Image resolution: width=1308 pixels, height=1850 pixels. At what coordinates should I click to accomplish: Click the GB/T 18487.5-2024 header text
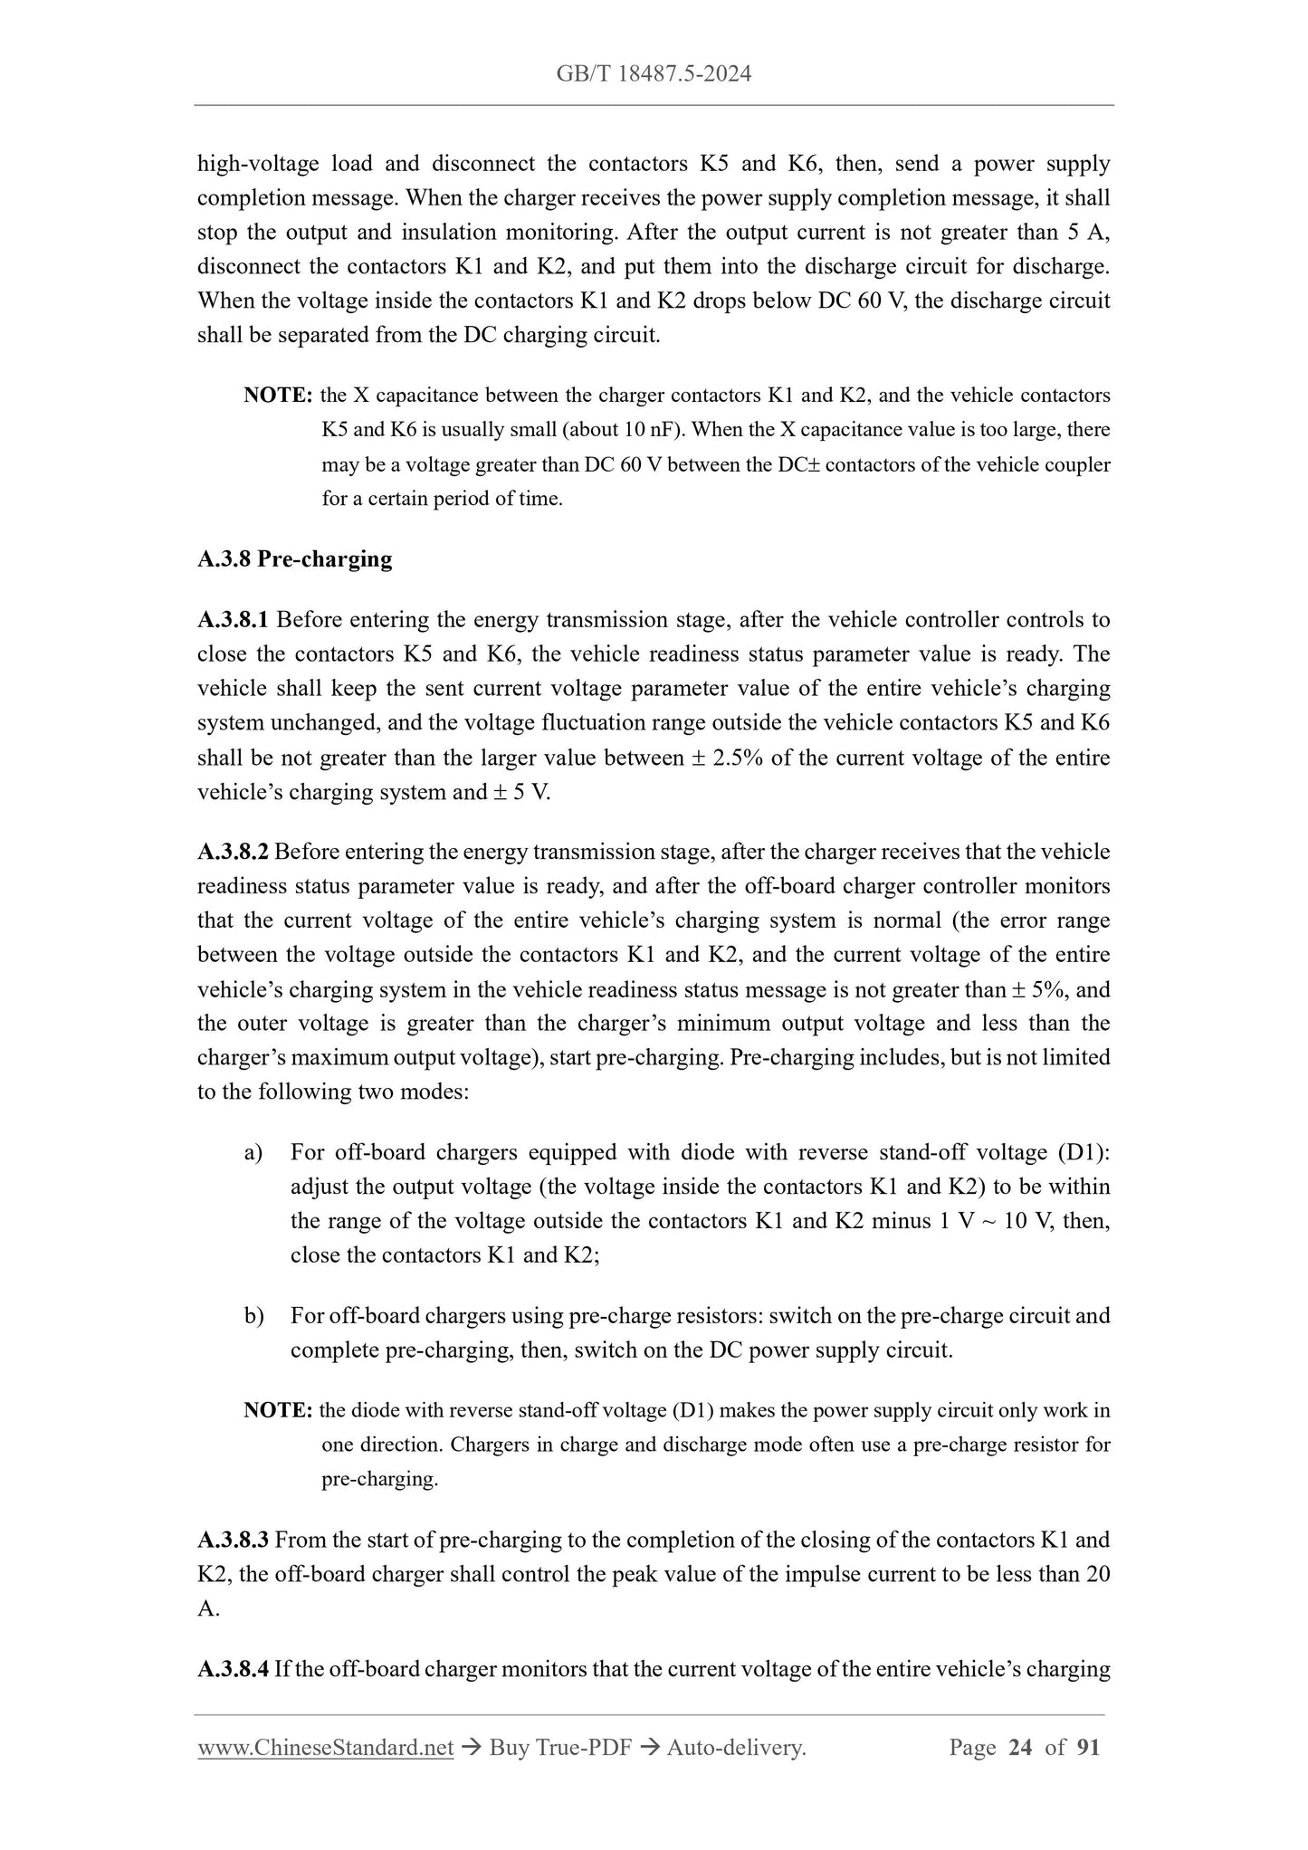point(654,74)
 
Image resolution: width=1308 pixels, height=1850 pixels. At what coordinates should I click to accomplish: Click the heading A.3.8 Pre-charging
point(294,559)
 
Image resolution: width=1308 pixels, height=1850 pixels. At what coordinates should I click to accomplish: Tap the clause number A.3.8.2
point(233,852)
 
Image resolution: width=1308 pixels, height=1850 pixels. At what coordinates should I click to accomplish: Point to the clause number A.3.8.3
point(233,1540)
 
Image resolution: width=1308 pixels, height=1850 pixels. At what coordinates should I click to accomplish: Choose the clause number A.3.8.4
point(233,1668)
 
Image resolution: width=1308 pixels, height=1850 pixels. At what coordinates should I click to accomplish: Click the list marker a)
point(253,1152)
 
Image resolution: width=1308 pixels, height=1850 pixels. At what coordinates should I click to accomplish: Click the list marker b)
point(253,1315)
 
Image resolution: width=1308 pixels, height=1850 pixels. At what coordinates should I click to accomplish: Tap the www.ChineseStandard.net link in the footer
point(325,1748)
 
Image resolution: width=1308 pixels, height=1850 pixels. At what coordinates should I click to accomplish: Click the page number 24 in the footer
point(1019,1748)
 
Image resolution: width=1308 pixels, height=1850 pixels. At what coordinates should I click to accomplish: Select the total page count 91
point(1088,1748)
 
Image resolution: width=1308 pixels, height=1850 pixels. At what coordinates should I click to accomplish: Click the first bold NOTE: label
point(278,396)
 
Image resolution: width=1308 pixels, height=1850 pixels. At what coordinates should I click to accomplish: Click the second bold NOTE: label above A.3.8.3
point(278,1410)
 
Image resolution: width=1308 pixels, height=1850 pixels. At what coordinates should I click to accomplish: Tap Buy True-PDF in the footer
point(559,1748)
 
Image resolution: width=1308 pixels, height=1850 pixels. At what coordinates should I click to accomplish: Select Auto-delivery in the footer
point(735,1748)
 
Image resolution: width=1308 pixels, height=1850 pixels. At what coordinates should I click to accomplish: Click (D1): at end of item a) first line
point(1083,1152)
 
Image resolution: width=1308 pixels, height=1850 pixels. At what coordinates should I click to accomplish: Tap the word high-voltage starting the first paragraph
point(258,164)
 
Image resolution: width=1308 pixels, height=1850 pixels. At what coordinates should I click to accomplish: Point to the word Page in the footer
point(972,1748)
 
